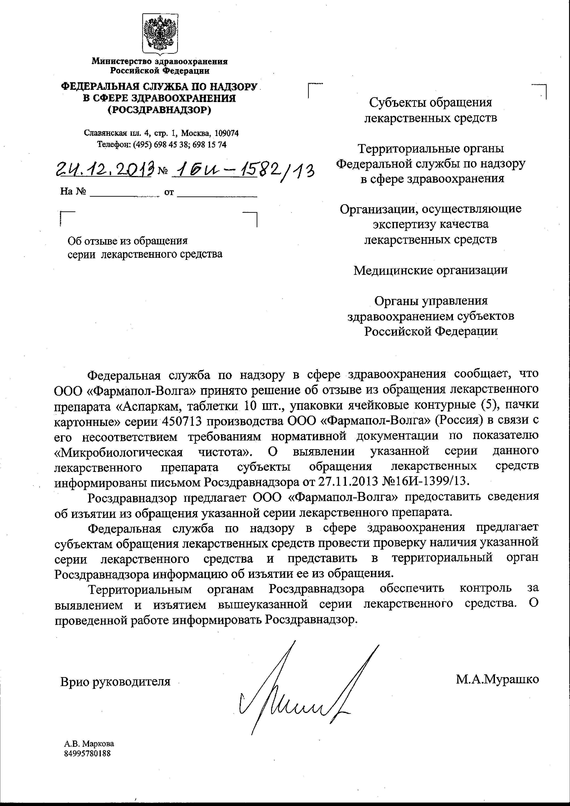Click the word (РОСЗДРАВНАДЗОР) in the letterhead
tap(159, 110)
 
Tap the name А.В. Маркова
tap(89, 744)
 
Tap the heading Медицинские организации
tap(430, 270)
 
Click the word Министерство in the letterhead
tap(122, 61)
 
